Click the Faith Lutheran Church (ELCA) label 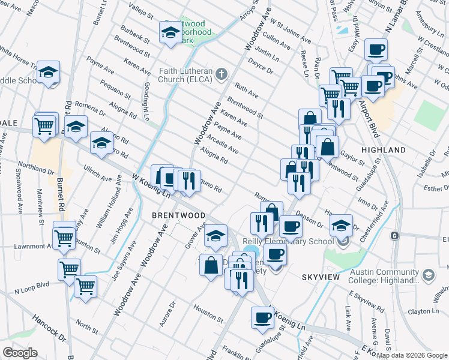pos(187,74)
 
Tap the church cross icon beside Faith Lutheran pos(221,74)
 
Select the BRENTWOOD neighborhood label pos(178,215)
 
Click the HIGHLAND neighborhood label pos(383,149)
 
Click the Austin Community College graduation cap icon pos(429,275)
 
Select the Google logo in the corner pos(20,353)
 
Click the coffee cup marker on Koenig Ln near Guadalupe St pos(262,319)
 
